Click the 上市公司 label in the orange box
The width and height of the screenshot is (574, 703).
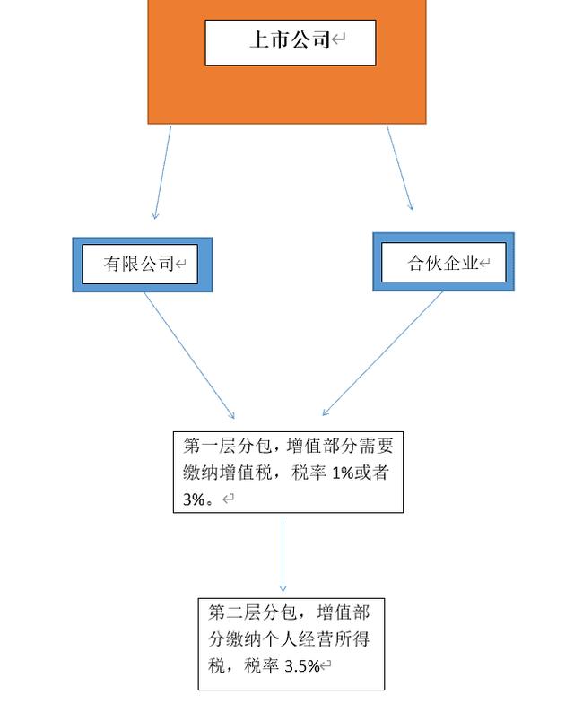pyautogui.click(x=291, y=39)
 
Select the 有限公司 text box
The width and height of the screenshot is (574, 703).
pyautogui.click(x=140, y=264)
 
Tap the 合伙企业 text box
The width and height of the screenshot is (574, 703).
pyautogui.click(x=443, y=262)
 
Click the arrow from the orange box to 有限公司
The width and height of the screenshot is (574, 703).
pyautogui.click(x=163, y=172)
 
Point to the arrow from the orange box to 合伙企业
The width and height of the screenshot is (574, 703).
pyautogui.click(x=400, y=167)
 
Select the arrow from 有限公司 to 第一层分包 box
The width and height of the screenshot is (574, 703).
pyautogui.click(x=188, y=355)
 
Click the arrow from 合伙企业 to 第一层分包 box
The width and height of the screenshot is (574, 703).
pyautogui.click(x=382, y=353)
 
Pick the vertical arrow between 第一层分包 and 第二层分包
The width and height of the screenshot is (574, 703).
pyautogui.click(x=283, y=554)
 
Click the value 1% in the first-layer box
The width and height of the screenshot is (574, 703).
pyautogui.click(x=343, y=473)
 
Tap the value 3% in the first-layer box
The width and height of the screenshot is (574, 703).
pyautogui.click(x=194, y=499)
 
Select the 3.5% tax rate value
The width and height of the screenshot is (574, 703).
pyautogui.click(x=302, y=665)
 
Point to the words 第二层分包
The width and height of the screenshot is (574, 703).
pyautogui.click(x=253, y=612)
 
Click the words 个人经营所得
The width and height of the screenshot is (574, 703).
pyautogui.click(x=316, y=639)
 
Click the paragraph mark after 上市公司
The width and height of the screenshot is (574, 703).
pyautogui.click(x=339, y=39)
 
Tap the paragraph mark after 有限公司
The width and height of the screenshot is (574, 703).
pyautogui.click(x=180, y=264)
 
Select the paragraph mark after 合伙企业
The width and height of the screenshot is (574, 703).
pyautogui.click(x=484, y=262)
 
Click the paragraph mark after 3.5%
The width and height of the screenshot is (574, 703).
pyautogui.click(x=326, y=665)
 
